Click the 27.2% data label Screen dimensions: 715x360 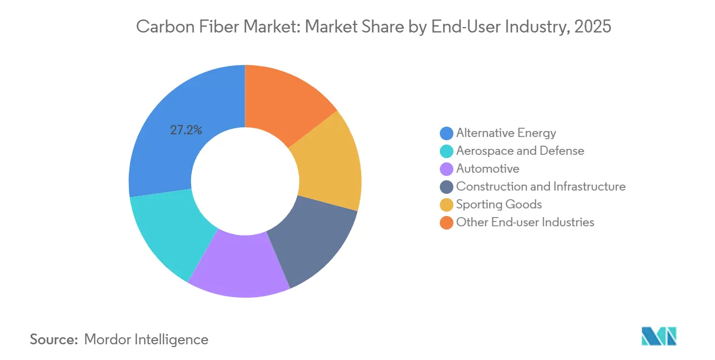(x=186, y=130)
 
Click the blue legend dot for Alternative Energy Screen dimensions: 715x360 (x=446, y=133)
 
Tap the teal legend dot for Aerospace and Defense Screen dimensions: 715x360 (x=446, y=151)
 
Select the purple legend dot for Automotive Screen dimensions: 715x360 (x=446, y=169)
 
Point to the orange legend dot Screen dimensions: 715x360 (x=446, y=222)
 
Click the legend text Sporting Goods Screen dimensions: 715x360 (x=499, y=205)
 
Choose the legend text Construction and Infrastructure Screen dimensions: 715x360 (x=541, y=186)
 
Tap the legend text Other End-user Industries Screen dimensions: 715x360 (x=525, y=222)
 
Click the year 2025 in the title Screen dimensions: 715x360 (x=593, y=26)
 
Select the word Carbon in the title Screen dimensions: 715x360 (x=165, y=26)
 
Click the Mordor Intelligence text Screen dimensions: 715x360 (x=146, y=339)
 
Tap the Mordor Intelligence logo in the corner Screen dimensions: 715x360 (x=659, y=336)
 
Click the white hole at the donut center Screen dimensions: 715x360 (x=245, y=181)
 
